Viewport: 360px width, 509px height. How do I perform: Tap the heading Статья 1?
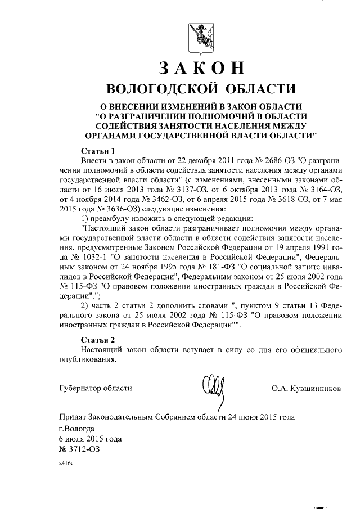pyautogui.click(x=98, y=151)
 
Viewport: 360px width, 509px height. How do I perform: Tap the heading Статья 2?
pyautogui.click(x=98, y=340)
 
